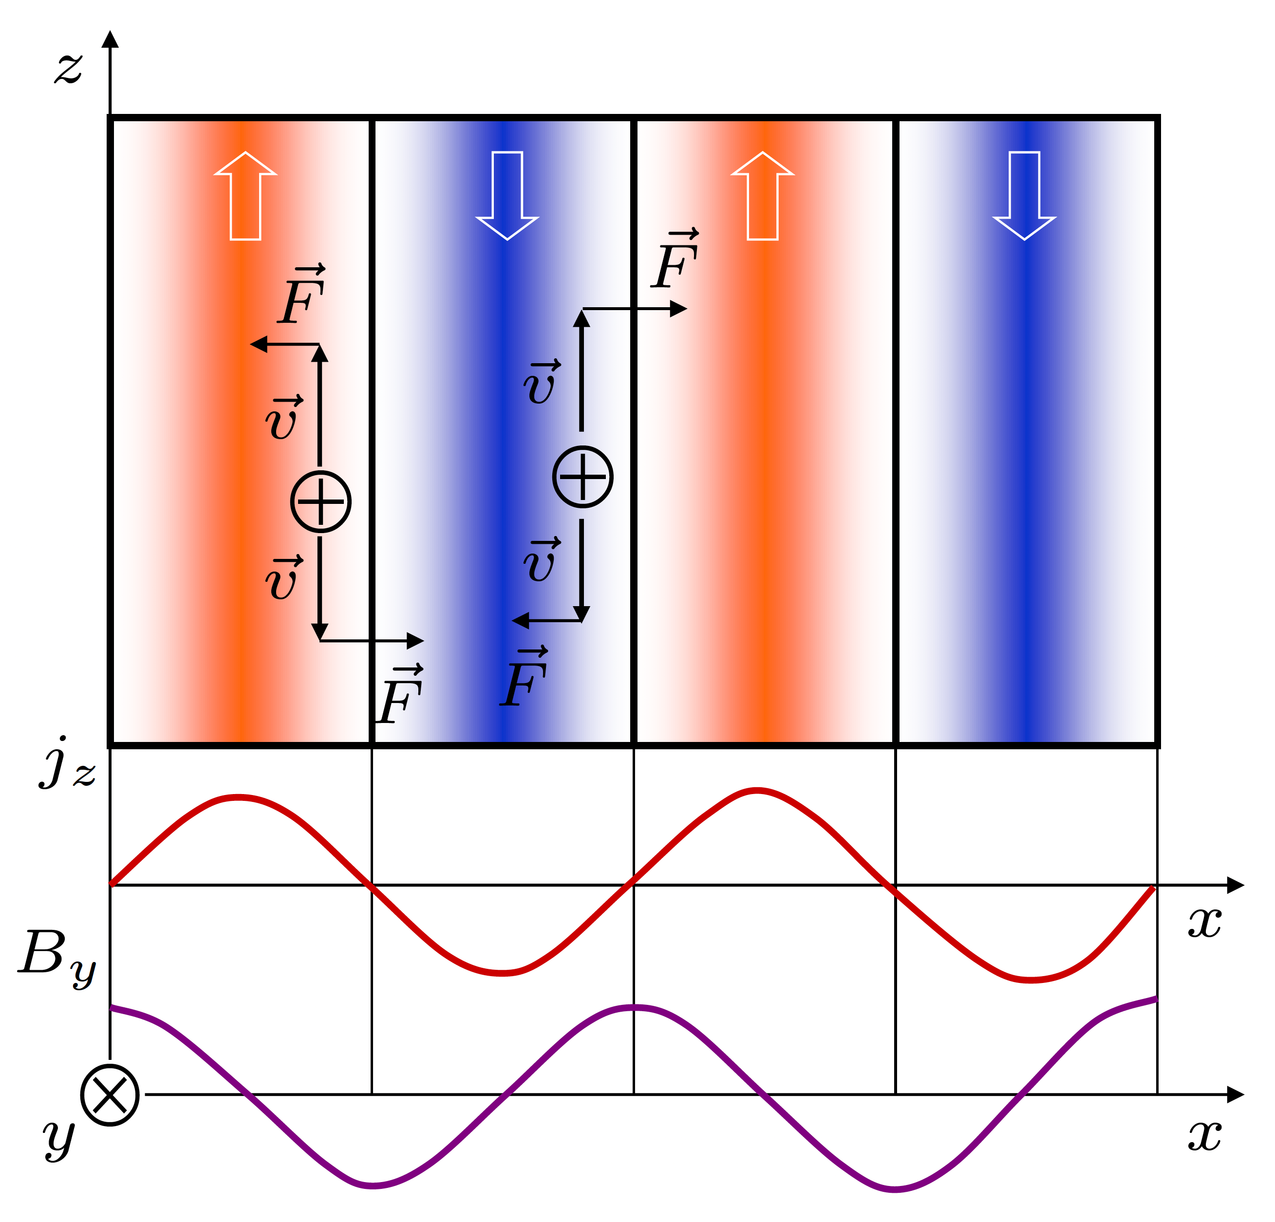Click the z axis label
click(x=68, y=68)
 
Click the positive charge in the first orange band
click(x=321, y=502)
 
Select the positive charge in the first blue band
click(x=583, y=477)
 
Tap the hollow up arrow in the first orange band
click(x=246, y=196)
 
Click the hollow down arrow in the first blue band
click(x=507, y=196)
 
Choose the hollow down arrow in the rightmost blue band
click(x=1025, y=196)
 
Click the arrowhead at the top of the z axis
click(x=111, y=39)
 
